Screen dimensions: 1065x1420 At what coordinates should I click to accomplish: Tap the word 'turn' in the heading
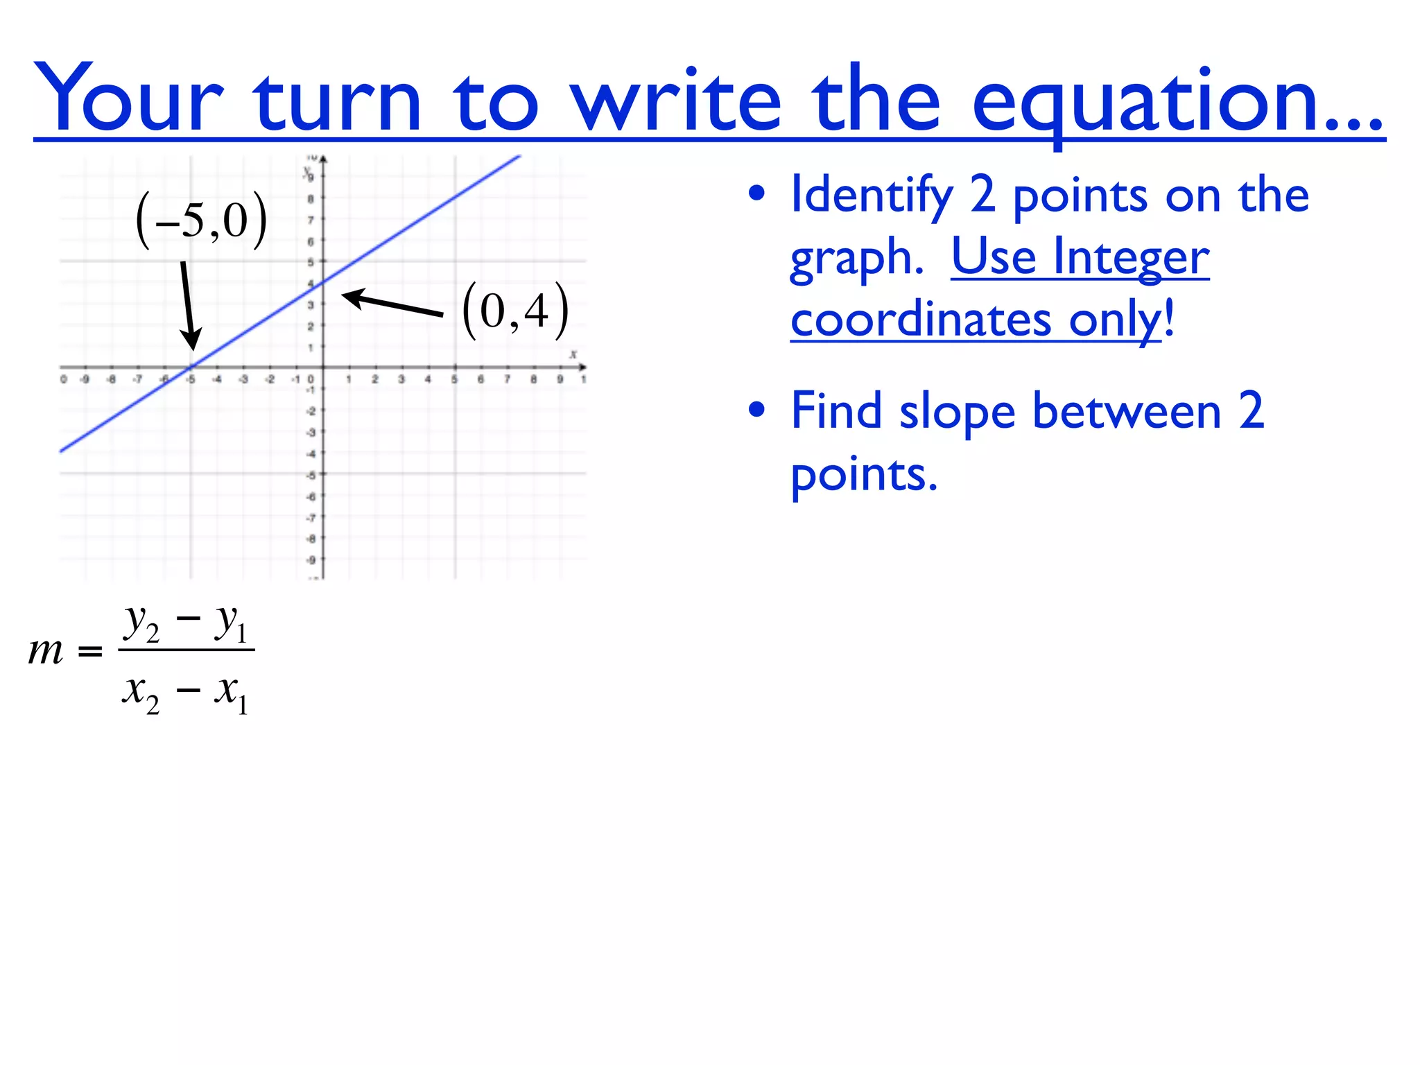338,101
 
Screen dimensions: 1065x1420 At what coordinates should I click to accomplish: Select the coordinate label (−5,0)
202,220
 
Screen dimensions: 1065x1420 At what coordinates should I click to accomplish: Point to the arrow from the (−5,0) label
188,305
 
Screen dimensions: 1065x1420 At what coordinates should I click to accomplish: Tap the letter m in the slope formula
46,652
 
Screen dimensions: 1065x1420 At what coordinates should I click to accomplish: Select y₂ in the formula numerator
141,622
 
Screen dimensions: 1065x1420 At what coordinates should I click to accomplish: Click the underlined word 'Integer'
1131,258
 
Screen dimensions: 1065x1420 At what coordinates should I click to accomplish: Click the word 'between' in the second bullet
1127,412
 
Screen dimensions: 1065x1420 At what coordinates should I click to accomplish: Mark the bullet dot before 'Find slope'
757,410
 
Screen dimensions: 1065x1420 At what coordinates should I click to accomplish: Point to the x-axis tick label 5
454,380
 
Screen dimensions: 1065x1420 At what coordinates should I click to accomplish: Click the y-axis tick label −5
311,476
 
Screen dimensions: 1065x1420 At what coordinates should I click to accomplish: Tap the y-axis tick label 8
311,199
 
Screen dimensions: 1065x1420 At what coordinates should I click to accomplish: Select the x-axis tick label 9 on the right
560,380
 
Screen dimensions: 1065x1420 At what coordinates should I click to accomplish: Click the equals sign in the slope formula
90,652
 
